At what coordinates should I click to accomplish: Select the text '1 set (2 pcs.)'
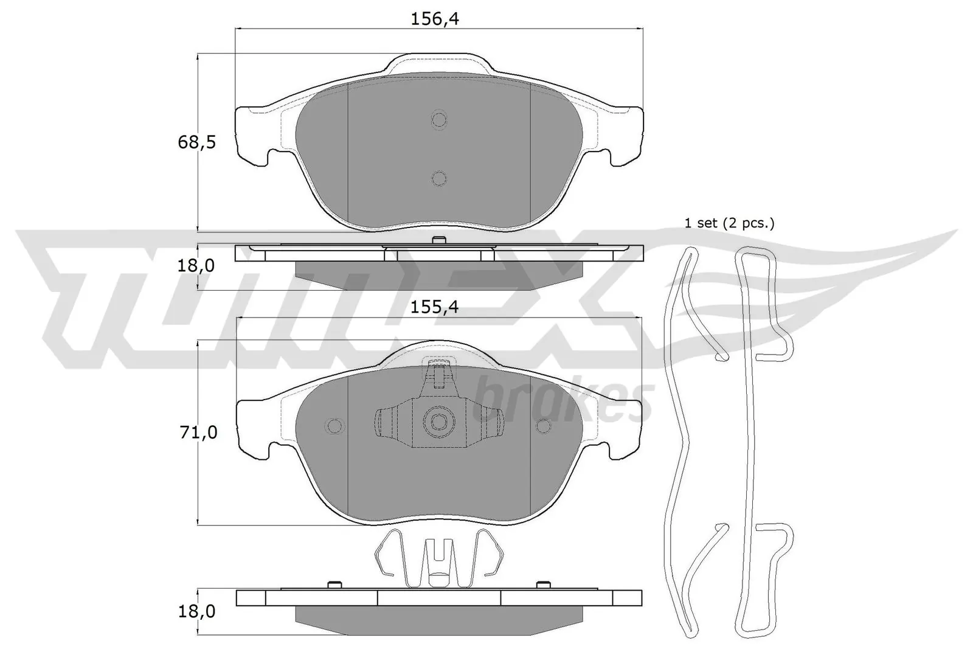point(730,223)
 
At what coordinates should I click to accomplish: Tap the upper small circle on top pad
point(438,119)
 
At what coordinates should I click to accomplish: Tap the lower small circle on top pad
point(438,178)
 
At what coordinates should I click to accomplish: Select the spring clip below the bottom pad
point(438,558)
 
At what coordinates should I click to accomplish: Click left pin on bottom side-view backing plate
point(333,585)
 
